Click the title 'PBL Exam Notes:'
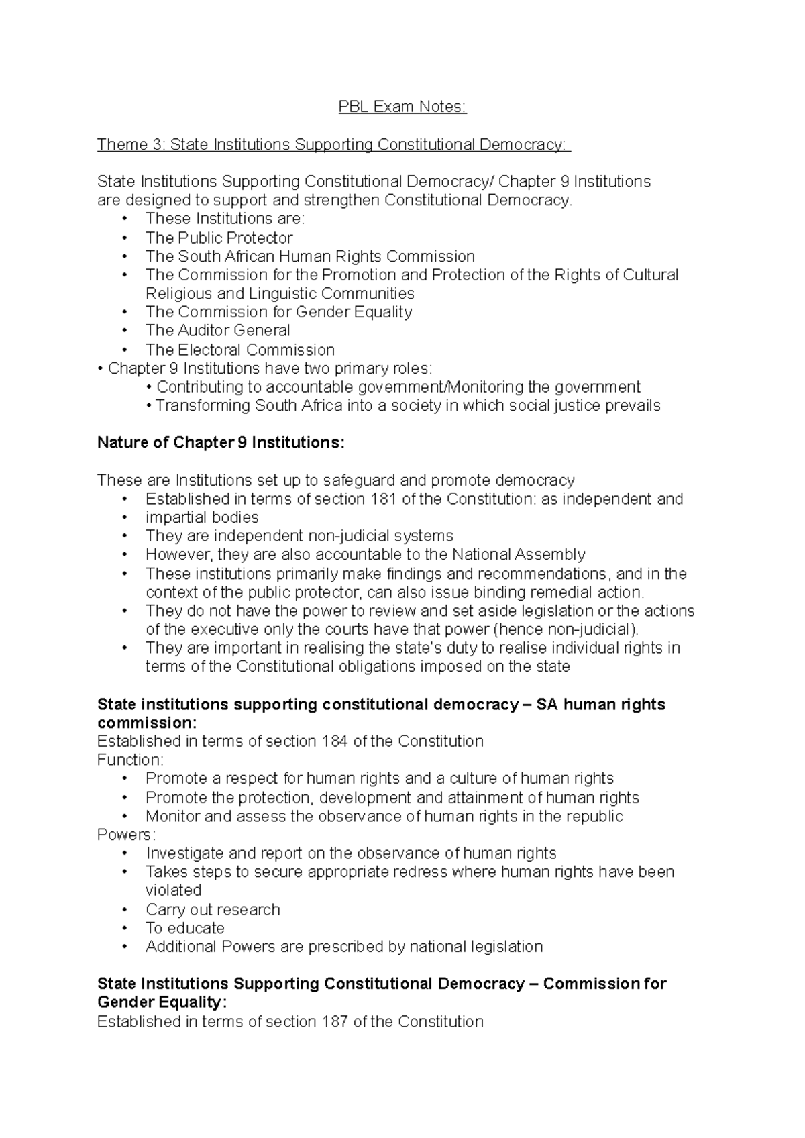pyautogui.click(x=402, y=107)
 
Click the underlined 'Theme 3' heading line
pyautogui.click(x=333, y=144)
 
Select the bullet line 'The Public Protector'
pyautogui.click(x=219, y=238)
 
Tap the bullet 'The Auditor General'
pyautogui.click(x=217, y=330)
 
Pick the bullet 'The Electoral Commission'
pyautogui.click(x=239, y=350)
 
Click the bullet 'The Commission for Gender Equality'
pyautogui.click(x=278, y=311)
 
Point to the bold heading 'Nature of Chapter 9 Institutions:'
pyautogui.click(x=221, y=443)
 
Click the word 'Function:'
pyautogui.click(x=130, y=760)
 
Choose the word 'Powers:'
pyautogui.click(x=126, y=835)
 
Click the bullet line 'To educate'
pyautogui.click(x=184, y=928)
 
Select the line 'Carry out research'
pyautogui.click(x=213, y=909)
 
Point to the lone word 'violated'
pyautogui.click(x=173, y=890)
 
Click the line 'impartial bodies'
pyautogui.click(x=201, y=517)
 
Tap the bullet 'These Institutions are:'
pyautogui.click(x=225, y=219)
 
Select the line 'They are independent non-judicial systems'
pyautogui.click(x=299, y=535)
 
